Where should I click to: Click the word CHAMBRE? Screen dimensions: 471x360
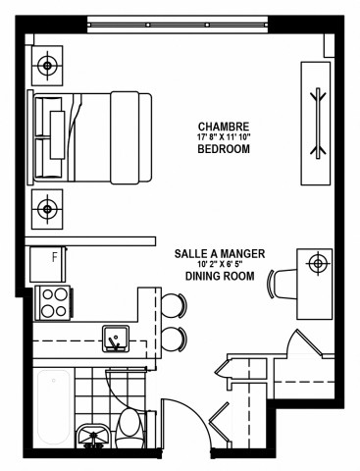[x=222, y=127]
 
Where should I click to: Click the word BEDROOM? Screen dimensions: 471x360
[x=222, y=150]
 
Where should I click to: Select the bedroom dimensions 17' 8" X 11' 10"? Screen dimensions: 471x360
[x=222, y=138]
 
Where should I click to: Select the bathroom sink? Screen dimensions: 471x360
[x=95, y=434]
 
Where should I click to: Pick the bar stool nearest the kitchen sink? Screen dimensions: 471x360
[x=173, y=340]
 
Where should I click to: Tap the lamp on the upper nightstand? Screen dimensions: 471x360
[x=47, y=67]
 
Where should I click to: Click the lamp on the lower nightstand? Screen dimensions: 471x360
[x=47, y=208]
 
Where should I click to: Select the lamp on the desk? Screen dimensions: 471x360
[x=316, y=263]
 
